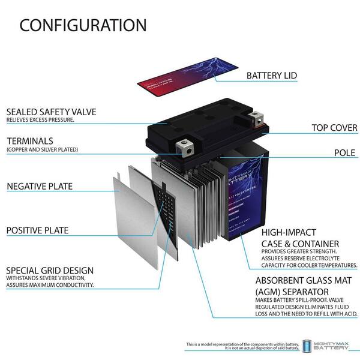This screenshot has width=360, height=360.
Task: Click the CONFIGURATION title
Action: pyautogui.click(x=83, y=25)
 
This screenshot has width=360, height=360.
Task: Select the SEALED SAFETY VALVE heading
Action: pyautogui.click(x=60, y=111)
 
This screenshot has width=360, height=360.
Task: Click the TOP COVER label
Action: pyautogui.click(x=334, y=128)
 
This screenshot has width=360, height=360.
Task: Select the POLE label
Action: pyautogui.click(x=346, y=152)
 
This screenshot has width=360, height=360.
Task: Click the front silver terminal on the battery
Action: pyautogui.click(x=185, y=145)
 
